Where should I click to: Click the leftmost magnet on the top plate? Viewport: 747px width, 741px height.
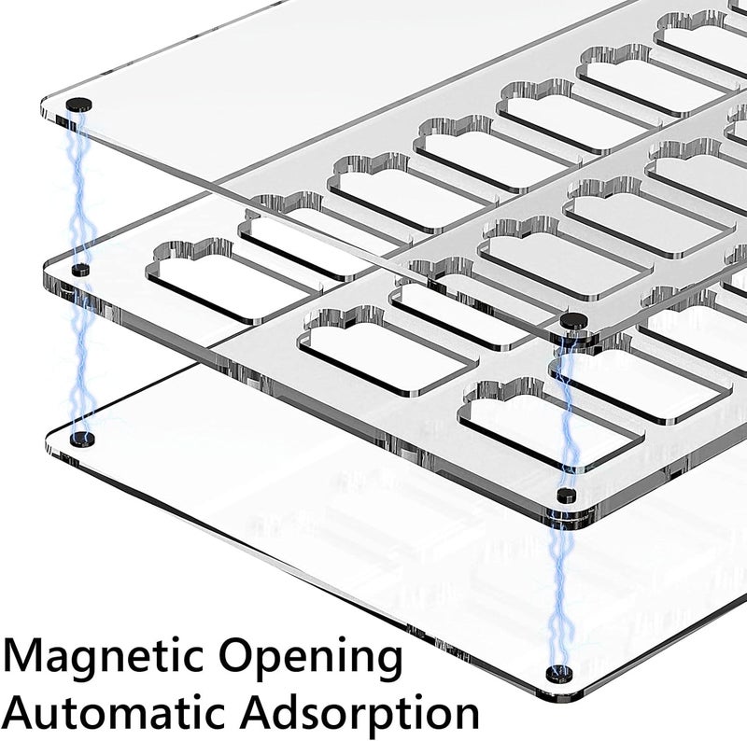pos(78,105)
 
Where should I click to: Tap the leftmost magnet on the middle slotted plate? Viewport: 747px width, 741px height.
pos(80,270)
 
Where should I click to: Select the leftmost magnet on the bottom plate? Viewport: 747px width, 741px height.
pos(82,439)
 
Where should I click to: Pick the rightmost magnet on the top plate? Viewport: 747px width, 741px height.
pos(575,321)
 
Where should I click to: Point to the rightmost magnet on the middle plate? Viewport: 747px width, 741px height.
pos(567,495)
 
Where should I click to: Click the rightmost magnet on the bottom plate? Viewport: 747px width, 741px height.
pos(559,674)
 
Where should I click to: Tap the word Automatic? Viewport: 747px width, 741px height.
pos(116,713)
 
